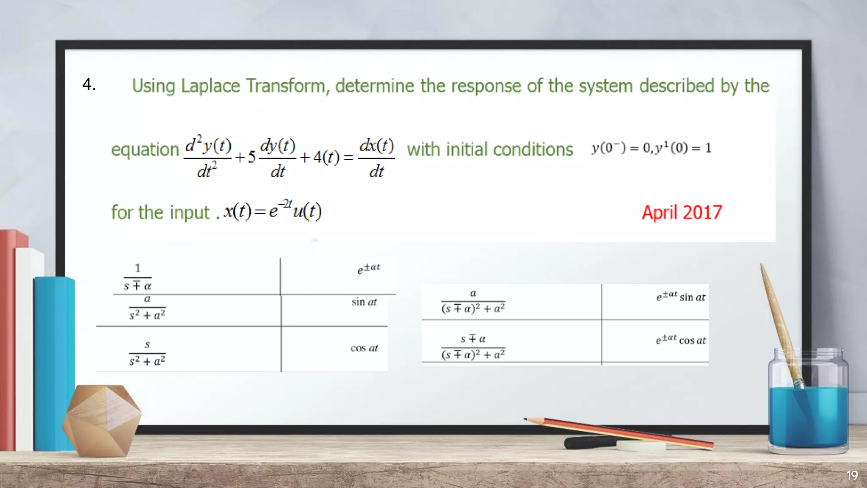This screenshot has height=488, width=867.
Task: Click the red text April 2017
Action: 682,212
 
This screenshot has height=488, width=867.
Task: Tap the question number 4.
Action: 89,84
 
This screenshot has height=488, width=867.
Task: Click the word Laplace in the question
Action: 210,86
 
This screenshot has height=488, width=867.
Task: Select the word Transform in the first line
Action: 285,86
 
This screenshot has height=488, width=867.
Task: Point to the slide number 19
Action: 852,476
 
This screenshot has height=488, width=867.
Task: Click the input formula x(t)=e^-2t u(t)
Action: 273,211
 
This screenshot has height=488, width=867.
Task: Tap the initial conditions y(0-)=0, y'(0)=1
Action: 652,148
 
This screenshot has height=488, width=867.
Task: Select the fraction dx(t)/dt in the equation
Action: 376,158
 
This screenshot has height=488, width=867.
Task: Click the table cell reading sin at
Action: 364,302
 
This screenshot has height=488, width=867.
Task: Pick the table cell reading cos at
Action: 364,348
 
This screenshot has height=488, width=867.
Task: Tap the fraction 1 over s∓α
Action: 138,277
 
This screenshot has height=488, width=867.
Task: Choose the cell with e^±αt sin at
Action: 681,297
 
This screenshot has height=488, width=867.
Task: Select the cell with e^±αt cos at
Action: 681,340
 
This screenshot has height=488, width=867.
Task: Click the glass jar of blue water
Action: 808,407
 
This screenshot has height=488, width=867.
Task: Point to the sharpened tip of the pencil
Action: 526,419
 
